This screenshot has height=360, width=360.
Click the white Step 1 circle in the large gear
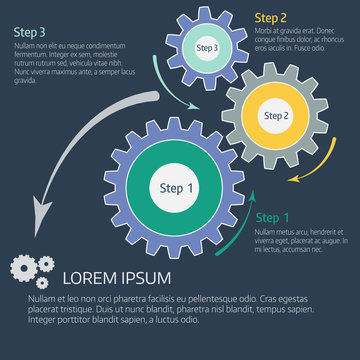(x=177, y=188)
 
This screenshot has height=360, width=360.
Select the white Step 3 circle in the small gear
(x=207, y=47)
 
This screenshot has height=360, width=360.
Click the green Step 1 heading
(x=273, y=218)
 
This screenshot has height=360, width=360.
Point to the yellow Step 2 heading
(x=270, y=17)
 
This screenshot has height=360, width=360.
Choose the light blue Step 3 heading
(x=28, y=32)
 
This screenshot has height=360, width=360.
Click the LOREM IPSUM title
(x=117, y=278)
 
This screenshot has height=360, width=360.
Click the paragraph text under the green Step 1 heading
(x=299, y=240)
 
